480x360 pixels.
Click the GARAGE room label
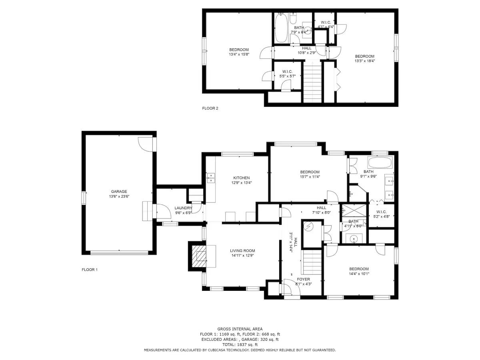119,192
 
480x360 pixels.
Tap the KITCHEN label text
242,178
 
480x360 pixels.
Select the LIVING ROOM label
242,251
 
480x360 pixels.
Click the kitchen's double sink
211,178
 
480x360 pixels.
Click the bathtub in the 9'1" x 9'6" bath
380,163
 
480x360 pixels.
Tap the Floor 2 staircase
312,82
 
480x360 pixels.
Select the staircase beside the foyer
311,262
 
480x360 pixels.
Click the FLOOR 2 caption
210,108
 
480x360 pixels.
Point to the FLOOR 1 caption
90,270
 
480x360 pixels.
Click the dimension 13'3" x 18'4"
364,61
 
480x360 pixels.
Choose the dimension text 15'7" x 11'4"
310,177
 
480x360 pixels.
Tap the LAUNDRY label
183,208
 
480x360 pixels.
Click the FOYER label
303,279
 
